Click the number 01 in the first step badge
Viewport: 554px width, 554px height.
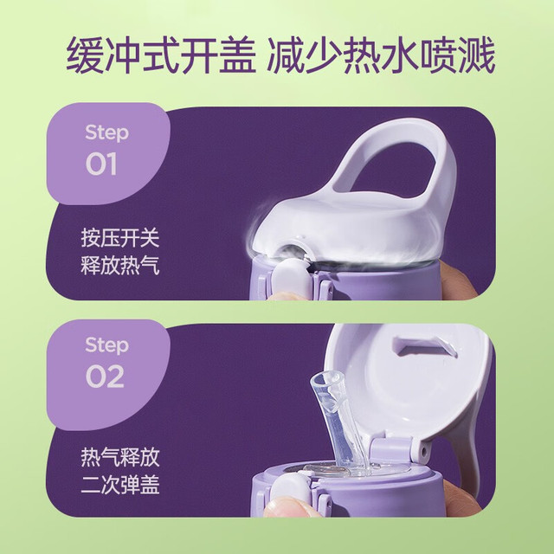pyautogui.click(x=101, y=164)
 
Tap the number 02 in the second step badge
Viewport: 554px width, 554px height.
pyautogui.click(x=105, y=377)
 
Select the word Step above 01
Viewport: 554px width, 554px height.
pyautogui.click(x=106, y=132)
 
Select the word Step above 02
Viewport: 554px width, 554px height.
pyautogui.click(x=106, y=345)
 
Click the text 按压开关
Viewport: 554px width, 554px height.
pyautogui.click(x=120, y=238)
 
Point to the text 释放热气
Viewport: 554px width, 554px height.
pyautogui.click(x=120, y=265)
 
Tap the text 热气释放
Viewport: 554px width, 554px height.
pyautogui.click(x=120, y=457)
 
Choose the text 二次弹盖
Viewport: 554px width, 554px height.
pyautogui.click(x=120, y=484)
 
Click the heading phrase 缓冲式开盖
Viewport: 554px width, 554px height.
pyautogui.click(x=161, y=56)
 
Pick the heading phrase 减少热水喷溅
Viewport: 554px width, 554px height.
pyautogui.click(x=381, y=56)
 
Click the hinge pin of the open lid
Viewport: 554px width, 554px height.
pyautogui.click(x=423, y=451)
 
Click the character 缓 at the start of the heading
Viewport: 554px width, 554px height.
pyautogui.click(x=84, y=56)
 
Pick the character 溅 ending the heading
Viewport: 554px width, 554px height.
pyautogui.click(x=477, y=56)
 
